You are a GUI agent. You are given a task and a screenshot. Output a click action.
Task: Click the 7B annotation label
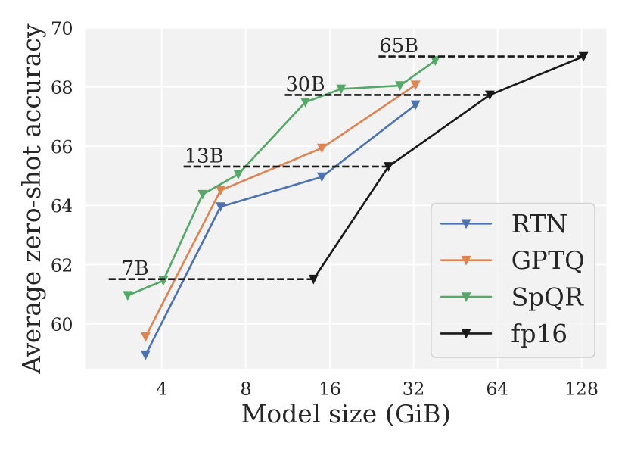coord(135,269)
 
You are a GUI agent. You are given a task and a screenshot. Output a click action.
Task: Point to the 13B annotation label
coord(204,156)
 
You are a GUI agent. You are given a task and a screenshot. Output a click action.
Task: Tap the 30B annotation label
coord(305,85)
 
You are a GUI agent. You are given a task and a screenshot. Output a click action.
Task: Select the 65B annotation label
coord(398,46)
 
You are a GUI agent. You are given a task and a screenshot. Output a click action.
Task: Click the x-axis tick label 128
coord(581,390)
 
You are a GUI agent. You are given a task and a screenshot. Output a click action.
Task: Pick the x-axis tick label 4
coord(161,390)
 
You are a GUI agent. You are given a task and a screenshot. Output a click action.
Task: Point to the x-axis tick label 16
coord(329,390)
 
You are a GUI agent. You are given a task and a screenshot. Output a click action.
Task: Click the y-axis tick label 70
coord(63,29)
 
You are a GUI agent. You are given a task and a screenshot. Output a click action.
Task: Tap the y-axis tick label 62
coord(63,265)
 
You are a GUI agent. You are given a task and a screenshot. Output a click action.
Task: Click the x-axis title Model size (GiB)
coord(345,415)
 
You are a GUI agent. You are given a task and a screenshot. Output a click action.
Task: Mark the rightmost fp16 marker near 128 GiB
coord(583,56)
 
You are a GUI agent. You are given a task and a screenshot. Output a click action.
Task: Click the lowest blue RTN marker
coord(145,354)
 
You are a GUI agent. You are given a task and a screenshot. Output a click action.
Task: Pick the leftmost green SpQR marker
coord(128,295)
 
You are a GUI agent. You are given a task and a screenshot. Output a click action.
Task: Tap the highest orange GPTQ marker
coord(415,85)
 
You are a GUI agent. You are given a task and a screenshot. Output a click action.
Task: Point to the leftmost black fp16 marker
coord(313,279)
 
